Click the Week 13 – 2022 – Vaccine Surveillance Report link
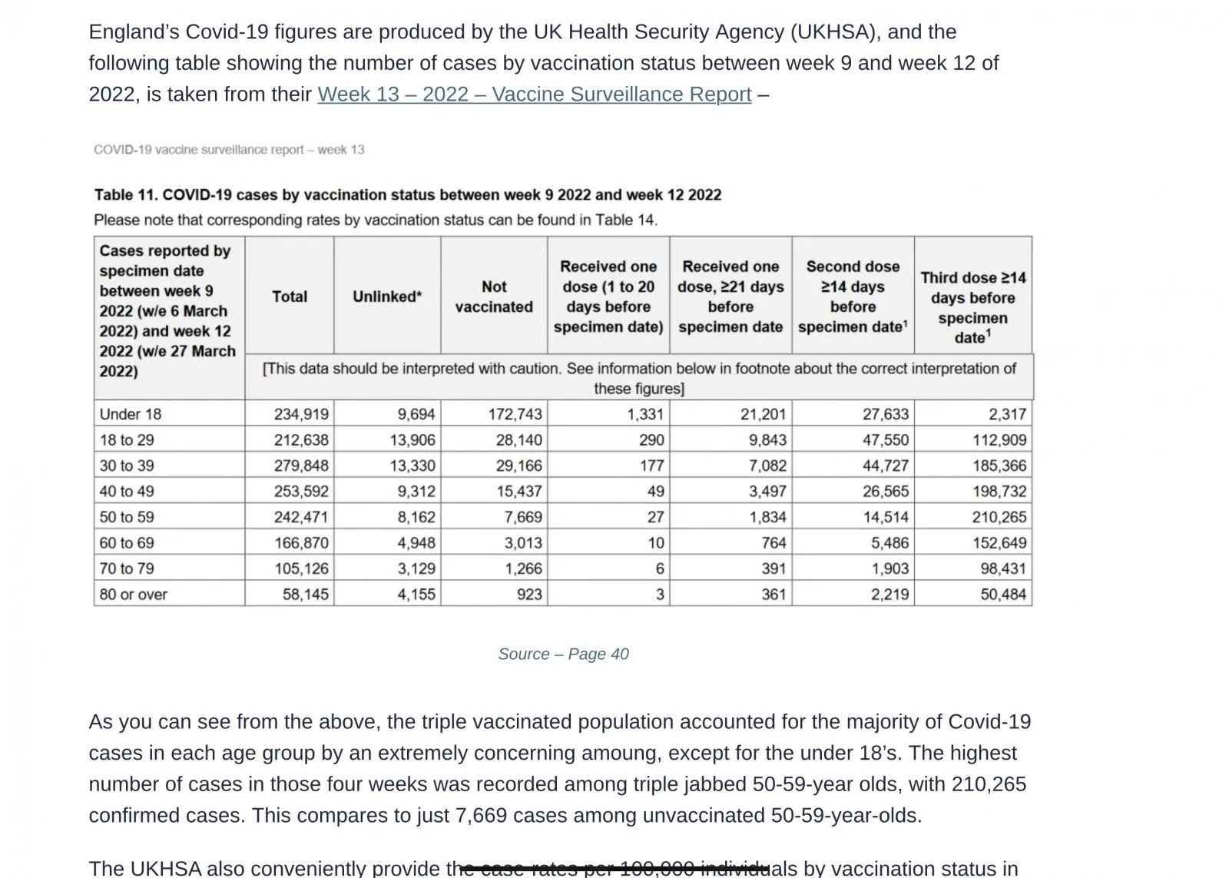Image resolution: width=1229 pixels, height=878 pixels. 534,94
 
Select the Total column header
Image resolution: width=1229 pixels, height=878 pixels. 290,297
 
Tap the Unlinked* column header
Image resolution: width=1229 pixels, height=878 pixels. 387,297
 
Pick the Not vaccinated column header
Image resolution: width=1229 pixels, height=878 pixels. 494,297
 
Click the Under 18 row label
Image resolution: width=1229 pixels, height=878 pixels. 131,414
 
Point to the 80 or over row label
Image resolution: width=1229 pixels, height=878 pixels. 133,595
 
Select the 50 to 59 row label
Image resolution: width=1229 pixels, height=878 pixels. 127,517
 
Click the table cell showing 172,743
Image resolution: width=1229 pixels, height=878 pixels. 515,414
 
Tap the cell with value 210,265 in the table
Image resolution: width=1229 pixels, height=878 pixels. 999,517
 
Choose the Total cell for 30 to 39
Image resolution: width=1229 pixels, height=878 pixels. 301,466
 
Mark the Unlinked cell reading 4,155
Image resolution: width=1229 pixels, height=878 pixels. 416,595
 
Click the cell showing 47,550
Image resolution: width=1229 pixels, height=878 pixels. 885,440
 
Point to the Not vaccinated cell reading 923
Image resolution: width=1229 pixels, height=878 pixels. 529,595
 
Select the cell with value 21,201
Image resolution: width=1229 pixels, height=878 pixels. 763,414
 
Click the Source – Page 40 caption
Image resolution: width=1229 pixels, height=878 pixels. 563,654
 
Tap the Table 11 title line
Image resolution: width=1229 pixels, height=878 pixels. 408,195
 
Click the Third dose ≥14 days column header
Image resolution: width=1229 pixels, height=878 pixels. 972,307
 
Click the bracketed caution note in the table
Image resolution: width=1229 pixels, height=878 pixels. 639,378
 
